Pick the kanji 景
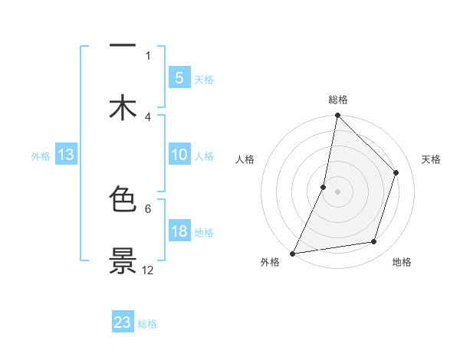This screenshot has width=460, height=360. (x=123, y=260)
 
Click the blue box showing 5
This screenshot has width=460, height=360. (x=179, y=77)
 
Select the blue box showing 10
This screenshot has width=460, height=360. (x=179, y=155)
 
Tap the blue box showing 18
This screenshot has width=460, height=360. (x=179, y=231)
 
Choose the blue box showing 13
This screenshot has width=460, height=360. (x=66, y=155)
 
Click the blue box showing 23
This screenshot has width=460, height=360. (x=123, y=322)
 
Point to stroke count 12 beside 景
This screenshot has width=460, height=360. (x=148, y=270)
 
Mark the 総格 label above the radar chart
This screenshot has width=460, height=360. (x=338, y=100)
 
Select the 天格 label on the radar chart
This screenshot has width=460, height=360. (x=432, y=159)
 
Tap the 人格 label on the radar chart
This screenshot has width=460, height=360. (x=245, y=159)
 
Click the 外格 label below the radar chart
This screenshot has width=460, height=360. (x=270, y=263)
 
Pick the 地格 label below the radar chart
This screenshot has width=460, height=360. (x=402, y=263)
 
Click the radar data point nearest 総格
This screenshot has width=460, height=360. (x=337, y=115)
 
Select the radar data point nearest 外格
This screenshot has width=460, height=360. (x=292, y=253)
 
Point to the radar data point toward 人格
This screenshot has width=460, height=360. (x=324, y=187)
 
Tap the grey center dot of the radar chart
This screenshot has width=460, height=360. (x=337, y=191)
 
